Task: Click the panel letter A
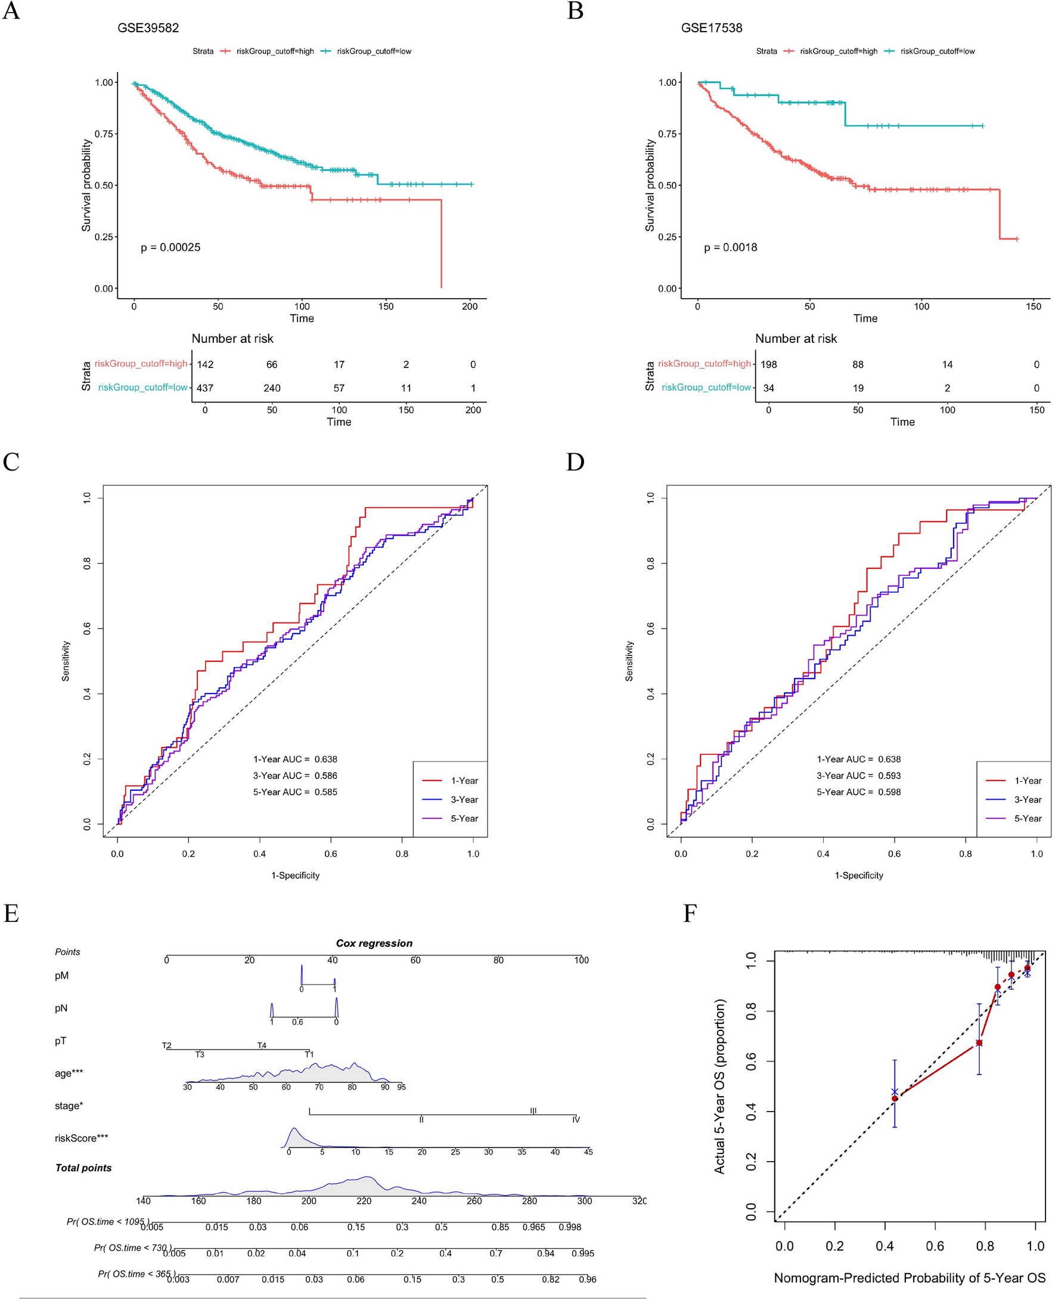point(11,11)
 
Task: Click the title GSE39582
point(148,28)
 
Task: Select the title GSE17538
point(712,28)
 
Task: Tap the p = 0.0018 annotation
point(731,247)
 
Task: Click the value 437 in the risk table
point(205,388)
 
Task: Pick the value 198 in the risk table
point(769,364)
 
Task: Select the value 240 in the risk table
point(272,388)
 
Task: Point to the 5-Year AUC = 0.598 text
point(858,792)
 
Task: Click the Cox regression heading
point(374,943)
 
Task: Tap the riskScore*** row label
point(82,1138)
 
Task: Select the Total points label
point(83,1168)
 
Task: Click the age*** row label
point(69,1073)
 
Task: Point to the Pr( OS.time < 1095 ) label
point(107,1221)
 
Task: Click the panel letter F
point(690,914)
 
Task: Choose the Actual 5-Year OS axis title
point(719,1086)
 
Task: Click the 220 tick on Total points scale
point(364,1201)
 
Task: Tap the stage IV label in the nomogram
point(576,1119)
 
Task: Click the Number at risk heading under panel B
point(796,339)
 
